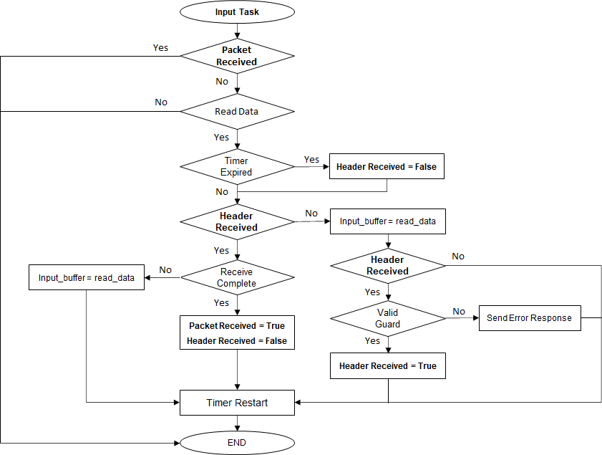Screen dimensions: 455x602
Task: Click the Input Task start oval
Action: point(236,12)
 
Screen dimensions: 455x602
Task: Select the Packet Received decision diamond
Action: point(236,56)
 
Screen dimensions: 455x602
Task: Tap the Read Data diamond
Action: point(236,112)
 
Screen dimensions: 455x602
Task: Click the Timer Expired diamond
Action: point(236,166)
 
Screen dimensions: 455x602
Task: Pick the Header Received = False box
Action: point(387,166)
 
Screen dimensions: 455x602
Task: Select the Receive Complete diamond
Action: point(236,277)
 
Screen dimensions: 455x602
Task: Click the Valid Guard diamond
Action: point(387,318)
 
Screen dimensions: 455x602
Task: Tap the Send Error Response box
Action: point(529,317)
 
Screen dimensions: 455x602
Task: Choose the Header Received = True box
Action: point(387,365)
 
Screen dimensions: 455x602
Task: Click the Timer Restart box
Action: point(236,403)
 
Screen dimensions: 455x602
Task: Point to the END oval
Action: point(236,443)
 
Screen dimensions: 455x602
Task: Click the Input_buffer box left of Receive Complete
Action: point(86,277)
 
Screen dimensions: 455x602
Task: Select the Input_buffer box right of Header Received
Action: point(387,221)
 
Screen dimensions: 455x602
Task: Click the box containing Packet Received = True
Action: point(236,333)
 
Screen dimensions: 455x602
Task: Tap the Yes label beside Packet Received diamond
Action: point(160,47)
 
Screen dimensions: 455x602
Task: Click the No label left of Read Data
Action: point(161,102)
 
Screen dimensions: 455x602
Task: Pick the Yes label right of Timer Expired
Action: point(311,159)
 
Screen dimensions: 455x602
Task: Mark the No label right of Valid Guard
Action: point(459,311)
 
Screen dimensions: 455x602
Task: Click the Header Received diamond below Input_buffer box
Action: point(387,265)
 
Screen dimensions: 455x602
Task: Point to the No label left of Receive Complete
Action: point(165,270)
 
